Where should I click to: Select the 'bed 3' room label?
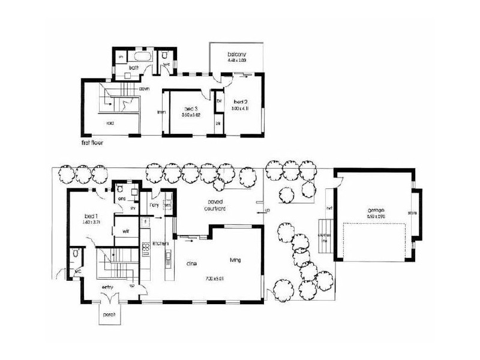pyautogui.click(x=191, y=109)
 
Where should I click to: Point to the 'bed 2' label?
pyautogui.click(x=241, y=101)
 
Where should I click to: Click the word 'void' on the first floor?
pyautogui.click(x=110, y=124)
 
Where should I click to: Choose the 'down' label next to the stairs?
pyautogui.click(x=145, y=89)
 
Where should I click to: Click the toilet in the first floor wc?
pyautogui.click(x=164, y=56)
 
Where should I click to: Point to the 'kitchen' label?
pyautogui.click(x=159, y=244)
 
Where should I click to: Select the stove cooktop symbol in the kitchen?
pyautogui.click(x=145, y=247)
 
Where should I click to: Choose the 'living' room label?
pyautogui.click(x=235, y=260)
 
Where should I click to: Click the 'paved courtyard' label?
pyautogui.click(x=213, y=206)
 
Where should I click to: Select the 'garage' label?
pyautogui.click(x=376, y=211)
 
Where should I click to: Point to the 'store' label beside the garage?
pyautogui.click(x=412, y=213)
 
